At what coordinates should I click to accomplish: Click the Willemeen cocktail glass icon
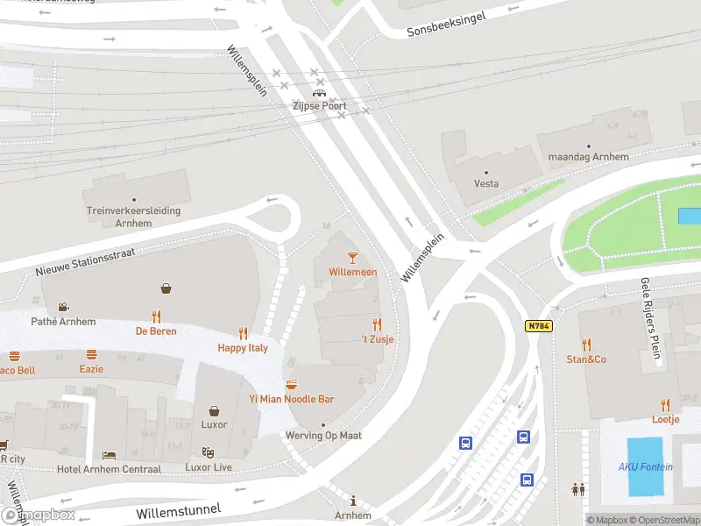pos(353,257)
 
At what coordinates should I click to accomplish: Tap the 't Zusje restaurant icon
pos(378,324)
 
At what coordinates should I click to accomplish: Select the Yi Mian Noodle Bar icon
pos(291,384)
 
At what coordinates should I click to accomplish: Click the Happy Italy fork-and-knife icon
pos(244,333)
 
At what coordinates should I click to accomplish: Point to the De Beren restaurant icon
pos(156,316)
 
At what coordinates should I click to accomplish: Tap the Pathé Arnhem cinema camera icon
pos(62,307)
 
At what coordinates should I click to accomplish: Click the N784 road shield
pos(538,326)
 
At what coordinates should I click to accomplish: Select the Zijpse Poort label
pos(320,106)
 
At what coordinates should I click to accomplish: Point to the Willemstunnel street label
pos(179,509)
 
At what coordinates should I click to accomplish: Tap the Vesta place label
pos(486,183)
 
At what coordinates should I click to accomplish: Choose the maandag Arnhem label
pos(588,157)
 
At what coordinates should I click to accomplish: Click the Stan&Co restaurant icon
pos(586,345)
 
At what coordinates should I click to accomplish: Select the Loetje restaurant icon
pos(666,405)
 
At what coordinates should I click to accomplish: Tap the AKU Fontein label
pos(646,467)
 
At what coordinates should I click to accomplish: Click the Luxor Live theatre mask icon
pos(209,452)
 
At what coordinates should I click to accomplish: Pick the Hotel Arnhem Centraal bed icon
pos(109,455)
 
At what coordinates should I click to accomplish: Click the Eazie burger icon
pos(91,355)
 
